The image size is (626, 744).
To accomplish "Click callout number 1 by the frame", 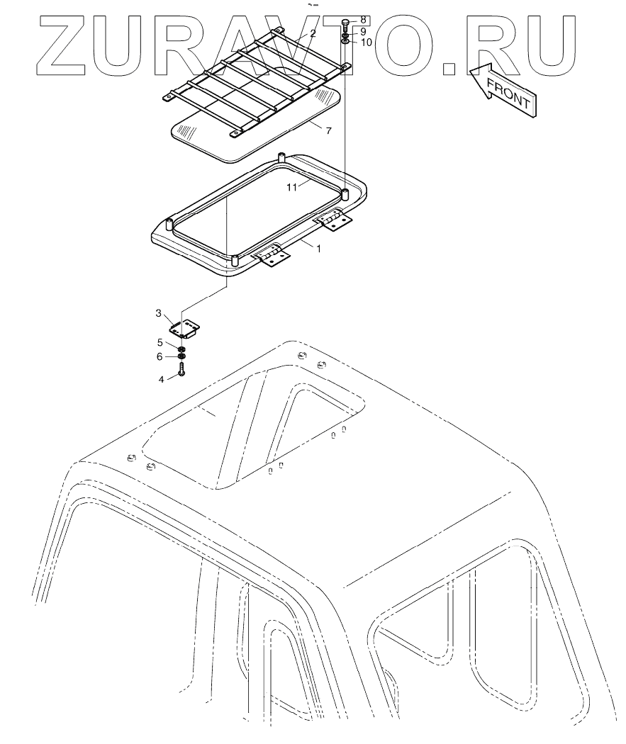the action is [318, 249].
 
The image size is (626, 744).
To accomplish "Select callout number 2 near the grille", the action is [313, 33].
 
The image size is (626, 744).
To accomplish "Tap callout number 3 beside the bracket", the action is [160, 312].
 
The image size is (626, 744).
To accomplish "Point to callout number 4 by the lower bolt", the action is [162, 380].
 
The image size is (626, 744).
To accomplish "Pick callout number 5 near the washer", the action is [161, 342].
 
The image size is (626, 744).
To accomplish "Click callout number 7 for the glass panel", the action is [328, 131].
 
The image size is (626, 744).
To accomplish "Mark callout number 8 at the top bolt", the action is [364, 19].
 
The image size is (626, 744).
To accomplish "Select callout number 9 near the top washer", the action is [364, 31].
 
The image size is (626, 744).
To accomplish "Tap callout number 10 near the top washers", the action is [366, 43].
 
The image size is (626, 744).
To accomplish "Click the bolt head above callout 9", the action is [345, 23].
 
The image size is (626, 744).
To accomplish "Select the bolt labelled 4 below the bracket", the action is [182, 369].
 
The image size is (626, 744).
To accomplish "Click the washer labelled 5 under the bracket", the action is [182, 345].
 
